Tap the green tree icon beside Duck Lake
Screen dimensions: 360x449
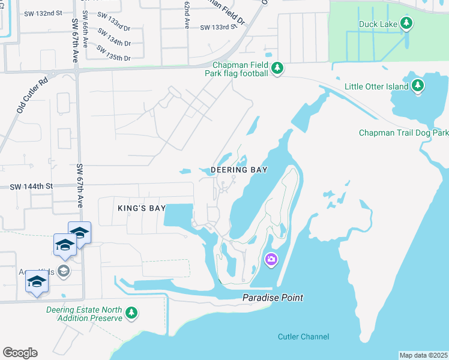tap(407, 23)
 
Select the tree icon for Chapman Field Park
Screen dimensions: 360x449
tap(277, 68)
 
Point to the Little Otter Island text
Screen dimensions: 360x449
tap(376, 86)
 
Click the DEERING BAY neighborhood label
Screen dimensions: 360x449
tap(238, 170)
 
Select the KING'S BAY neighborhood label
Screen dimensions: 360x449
tap(141, 208)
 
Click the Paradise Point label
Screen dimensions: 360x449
tap(273, 298)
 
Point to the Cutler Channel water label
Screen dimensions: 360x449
tap(303, 337)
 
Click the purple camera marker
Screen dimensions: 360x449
tap(271, 259)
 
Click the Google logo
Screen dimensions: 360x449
tap(20, 353)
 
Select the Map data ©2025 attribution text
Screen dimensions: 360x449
tap(423, 355)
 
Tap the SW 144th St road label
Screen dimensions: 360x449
tap(31, 187)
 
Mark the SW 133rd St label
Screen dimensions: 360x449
tap(215, 28)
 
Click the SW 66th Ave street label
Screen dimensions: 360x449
tap(86, 37)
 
